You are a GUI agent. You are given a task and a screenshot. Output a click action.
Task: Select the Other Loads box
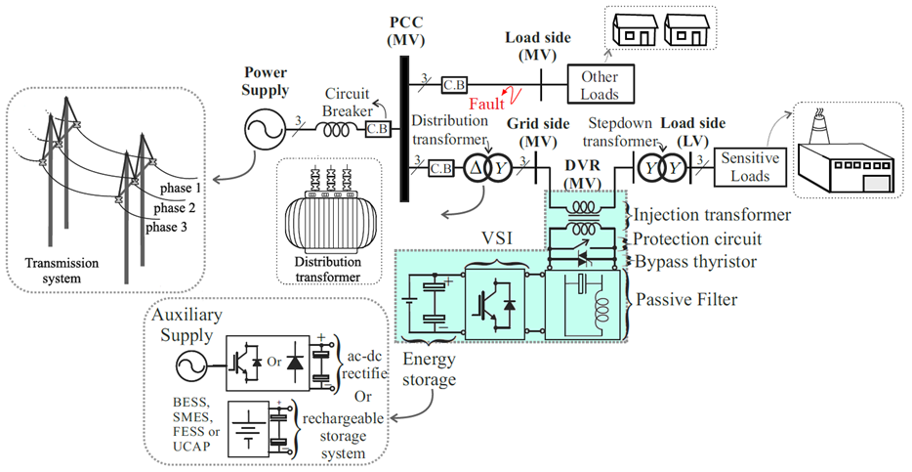(x=601, y=85)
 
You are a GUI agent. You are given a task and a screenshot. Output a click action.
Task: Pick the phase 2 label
(x=175, y=208)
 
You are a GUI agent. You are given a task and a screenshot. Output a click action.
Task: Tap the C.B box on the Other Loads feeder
(x=455, y=84)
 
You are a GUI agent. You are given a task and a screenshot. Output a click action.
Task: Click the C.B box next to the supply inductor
(x=379, y=129)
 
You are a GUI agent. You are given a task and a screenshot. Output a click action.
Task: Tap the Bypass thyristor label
(x=695, y=262)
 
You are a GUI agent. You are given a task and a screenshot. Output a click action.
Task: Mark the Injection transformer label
(x=712, y=215)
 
